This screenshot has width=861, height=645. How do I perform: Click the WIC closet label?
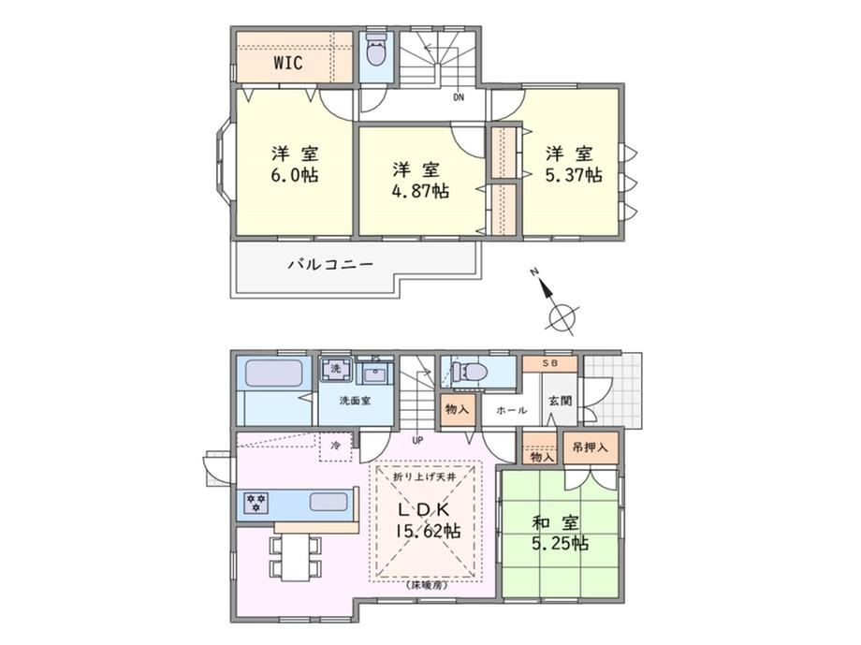tap(287, 63)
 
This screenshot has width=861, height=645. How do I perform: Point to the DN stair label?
tap(459, 97)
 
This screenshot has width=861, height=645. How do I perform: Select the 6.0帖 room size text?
tap(294, 175)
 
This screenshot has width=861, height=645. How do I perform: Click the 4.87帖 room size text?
tap(420, 191)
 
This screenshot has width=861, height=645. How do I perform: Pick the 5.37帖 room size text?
tap(573, 175)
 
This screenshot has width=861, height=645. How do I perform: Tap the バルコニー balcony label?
tap(331, 265)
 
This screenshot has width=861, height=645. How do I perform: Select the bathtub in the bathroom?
tap(273, 373)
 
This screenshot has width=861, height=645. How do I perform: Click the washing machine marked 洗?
tap(335, 369)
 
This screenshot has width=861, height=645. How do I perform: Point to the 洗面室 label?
tap(354, 401)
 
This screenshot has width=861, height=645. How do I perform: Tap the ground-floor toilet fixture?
tap(471, 372)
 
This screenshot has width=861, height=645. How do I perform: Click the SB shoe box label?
tap(549, 364)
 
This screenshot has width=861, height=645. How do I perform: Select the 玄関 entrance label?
tap(560, 401)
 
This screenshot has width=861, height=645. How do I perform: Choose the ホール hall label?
tap(511, 410)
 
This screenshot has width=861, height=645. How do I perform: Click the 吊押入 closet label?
tap(591, 447)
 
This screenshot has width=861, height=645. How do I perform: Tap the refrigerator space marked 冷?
tap(335, 447)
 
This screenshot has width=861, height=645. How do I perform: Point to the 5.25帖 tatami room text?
tap(560, 544)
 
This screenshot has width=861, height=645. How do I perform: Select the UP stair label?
tap(417, 440)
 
